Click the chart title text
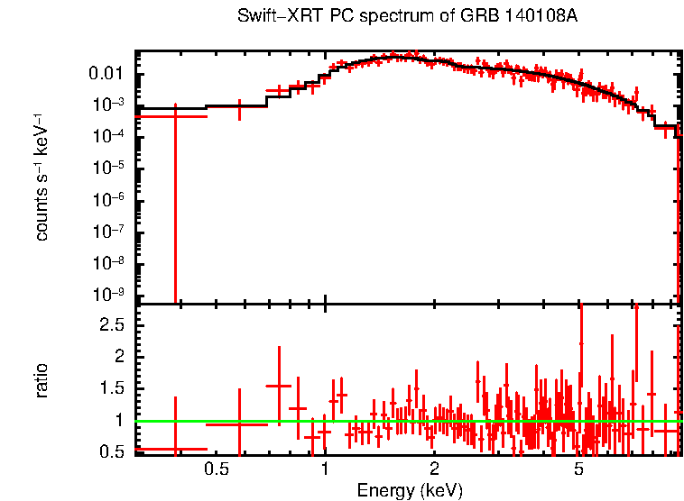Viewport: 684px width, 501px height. (x=406, y=17)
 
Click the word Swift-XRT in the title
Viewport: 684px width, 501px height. (x=268, y=17)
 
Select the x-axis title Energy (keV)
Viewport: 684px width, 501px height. (x=410, y=490)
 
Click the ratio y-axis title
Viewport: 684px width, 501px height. (x=42, y=380)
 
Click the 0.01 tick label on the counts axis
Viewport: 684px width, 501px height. (x=105, y=73)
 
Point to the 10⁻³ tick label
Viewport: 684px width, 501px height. (x=109, y=104)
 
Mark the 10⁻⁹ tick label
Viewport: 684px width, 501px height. (x=109, y=295)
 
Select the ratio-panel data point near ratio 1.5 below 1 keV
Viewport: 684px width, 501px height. (x=279, y=386)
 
